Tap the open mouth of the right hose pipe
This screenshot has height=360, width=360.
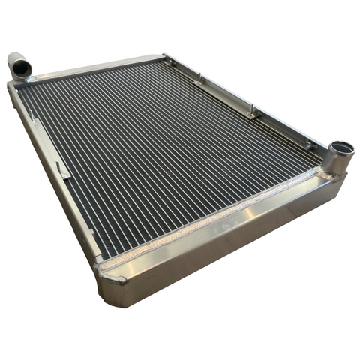[x=343, y=147]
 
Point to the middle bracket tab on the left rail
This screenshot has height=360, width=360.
[x=63, y=171]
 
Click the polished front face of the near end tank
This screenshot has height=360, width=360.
[x=225, y=247]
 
